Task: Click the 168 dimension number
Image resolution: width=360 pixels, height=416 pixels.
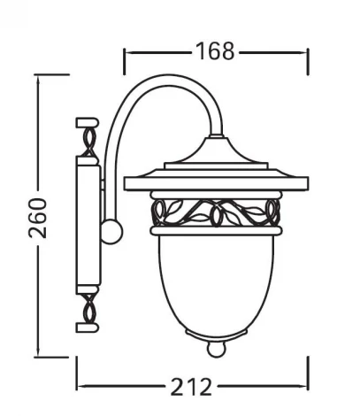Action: [216, 51]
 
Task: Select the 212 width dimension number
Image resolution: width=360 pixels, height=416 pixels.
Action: [192, 387]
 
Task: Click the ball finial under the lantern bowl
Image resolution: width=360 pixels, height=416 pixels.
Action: [215, 349]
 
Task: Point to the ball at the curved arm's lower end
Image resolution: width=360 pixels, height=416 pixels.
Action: [111, 233]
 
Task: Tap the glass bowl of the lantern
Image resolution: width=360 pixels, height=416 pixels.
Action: [215, 283]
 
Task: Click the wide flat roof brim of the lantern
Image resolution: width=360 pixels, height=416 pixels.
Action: [215, 183]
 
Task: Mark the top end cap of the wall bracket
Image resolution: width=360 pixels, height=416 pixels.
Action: [88, 120]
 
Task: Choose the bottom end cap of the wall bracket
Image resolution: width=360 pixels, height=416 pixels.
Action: [88, 327]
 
